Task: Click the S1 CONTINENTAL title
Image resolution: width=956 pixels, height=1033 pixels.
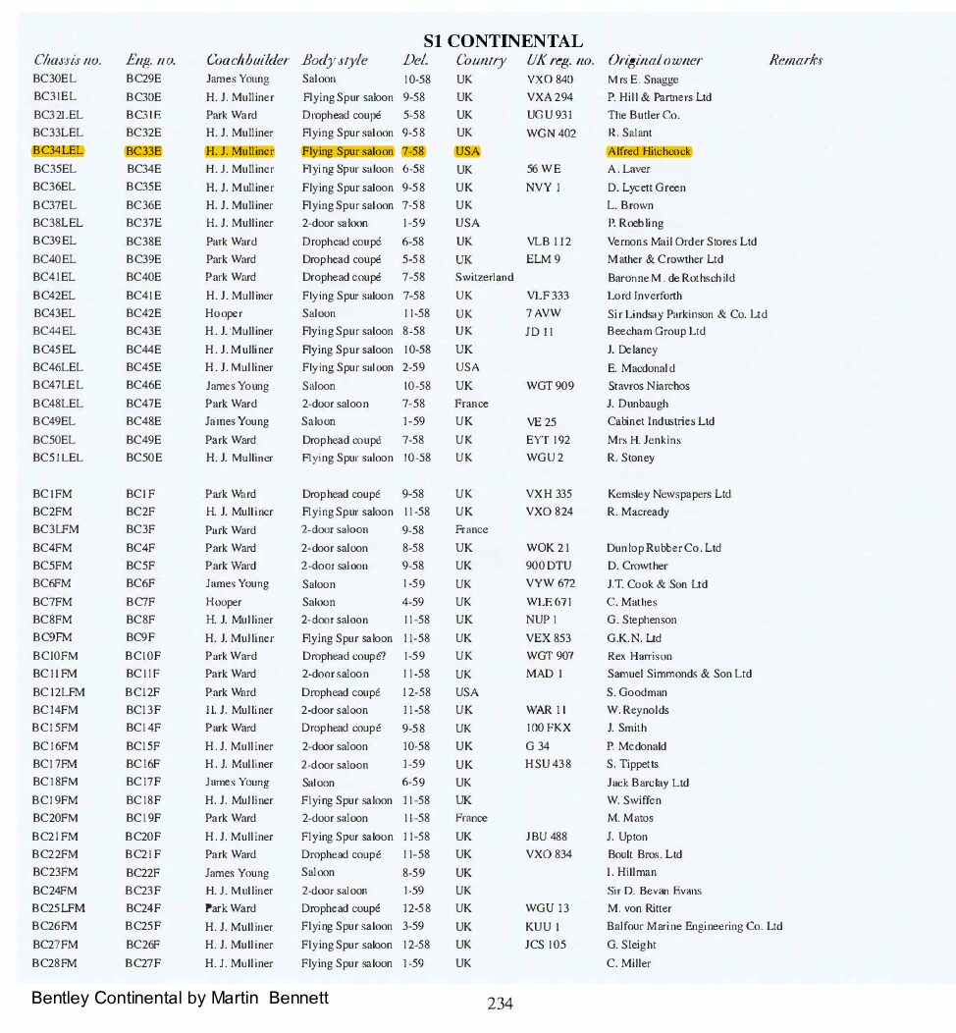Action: pos(503,41)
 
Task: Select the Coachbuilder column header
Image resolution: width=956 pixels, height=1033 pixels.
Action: pos(247,61)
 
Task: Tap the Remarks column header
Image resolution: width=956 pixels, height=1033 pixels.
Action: pos(795,61)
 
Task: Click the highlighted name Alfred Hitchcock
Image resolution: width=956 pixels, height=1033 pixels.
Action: pos(649,151)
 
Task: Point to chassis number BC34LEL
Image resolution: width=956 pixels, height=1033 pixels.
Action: pos(58,151)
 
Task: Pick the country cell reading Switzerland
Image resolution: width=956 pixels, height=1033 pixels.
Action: pos(484,278)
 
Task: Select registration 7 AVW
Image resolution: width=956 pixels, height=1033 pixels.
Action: pos(543,314)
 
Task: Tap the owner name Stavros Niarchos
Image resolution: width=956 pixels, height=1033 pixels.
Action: pos(648,386)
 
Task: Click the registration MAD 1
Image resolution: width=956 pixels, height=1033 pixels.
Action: pos(544,674)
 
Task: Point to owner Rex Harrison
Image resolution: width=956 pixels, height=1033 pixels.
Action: pos(640,656)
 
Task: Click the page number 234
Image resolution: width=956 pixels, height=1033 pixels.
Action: pos(501,1004)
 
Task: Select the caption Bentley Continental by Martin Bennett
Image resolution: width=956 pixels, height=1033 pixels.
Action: pos(180,998)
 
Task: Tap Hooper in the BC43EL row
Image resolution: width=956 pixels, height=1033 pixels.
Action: pos(224,314)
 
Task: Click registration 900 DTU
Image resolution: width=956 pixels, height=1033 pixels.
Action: pos(548,566)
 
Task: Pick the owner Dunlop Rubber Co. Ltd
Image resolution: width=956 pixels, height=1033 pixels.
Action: pos(664,548)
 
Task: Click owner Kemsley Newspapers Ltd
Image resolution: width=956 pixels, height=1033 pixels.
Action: pos(668,494)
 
